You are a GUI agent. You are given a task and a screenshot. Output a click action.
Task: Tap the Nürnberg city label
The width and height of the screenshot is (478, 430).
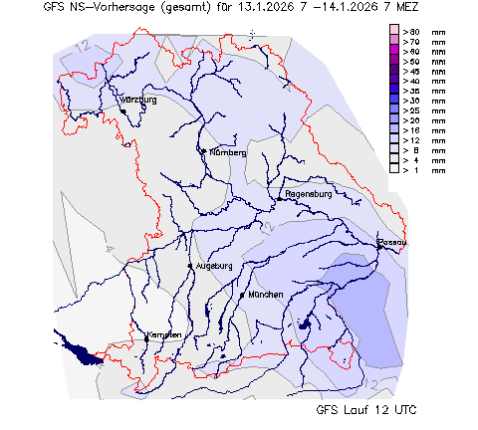[225, 152]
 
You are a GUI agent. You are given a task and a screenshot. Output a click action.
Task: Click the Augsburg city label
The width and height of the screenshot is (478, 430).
[214, 266]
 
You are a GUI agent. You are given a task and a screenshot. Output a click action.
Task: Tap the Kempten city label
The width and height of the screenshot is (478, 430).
[165, 334]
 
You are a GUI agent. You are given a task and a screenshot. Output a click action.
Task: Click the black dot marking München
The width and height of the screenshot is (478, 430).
[242, 296]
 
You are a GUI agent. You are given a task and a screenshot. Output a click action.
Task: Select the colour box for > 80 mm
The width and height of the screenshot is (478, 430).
[394, 32]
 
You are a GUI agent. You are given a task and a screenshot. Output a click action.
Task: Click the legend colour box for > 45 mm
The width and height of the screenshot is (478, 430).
[394, 72]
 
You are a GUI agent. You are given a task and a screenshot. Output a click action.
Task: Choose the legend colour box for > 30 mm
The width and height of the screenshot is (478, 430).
[394, 101]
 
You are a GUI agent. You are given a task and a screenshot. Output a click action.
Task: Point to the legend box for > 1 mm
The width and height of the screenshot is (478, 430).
[394, 169]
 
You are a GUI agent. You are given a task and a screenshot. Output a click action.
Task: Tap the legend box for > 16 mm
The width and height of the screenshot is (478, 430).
[394, 130]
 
